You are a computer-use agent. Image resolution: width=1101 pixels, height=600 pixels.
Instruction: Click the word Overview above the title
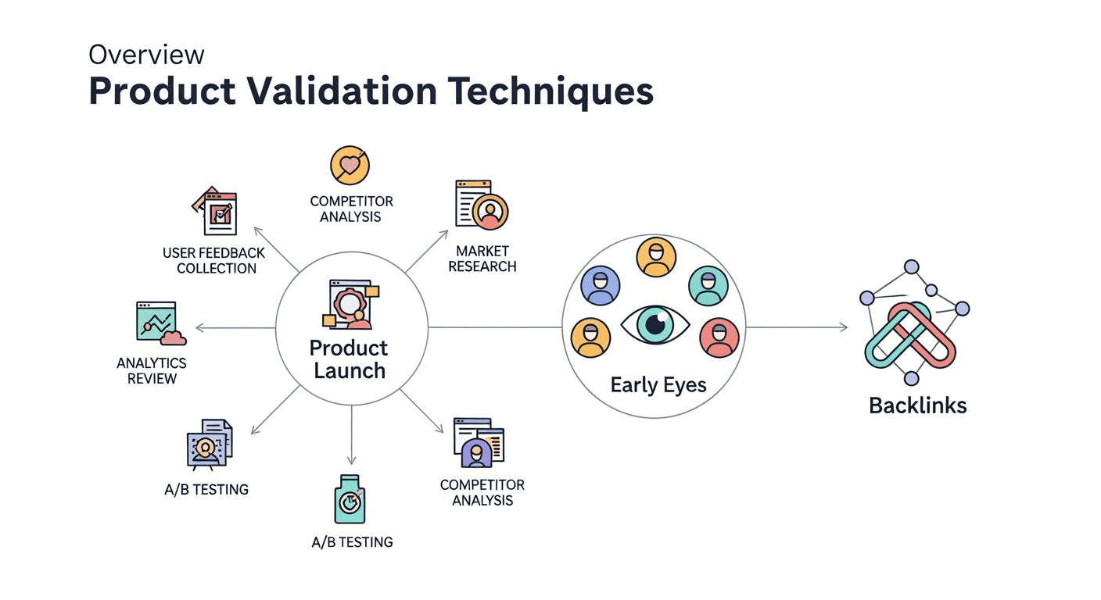[x=146, y=55]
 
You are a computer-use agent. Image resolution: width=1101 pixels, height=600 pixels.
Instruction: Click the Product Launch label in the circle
[x=350, y=359]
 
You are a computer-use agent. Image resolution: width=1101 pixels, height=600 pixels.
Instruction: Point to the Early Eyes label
[x=658, y=385]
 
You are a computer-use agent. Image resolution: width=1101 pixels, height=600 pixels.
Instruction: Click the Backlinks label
[x=917, y=405]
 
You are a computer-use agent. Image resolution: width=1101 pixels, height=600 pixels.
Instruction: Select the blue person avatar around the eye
[x=601, y=285]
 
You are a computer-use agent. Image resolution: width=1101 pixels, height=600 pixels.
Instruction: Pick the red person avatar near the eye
[x=719, y=337]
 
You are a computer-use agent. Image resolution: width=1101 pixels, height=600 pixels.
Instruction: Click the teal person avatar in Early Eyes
[x=708, y=286]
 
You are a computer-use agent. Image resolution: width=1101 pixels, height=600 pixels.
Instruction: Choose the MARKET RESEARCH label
[x=482, y=259]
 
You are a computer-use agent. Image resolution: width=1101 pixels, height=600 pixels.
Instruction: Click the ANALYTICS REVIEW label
[x=152, y=371]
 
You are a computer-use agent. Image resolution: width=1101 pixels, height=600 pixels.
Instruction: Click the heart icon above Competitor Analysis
[x=350, y=166]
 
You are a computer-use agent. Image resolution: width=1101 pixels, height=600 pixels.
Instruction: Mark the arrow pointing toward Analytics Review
[x=235, y=328]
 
